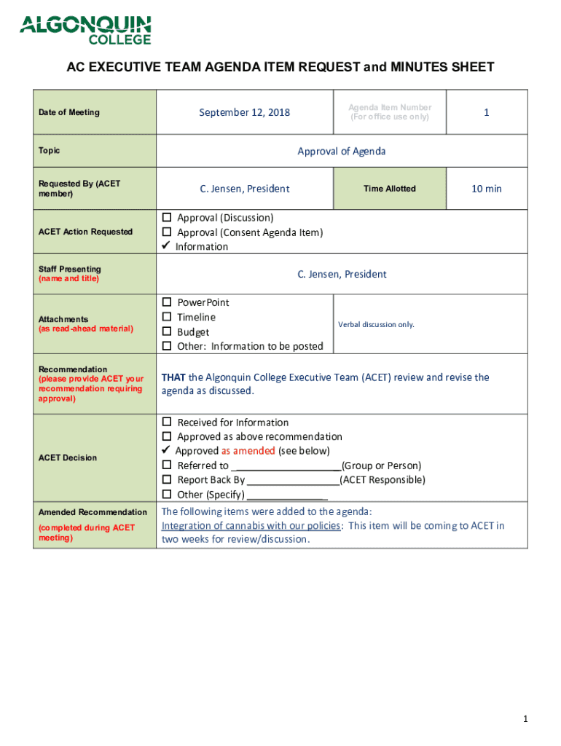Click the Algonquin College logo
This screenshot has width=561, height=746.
pyautogui.click(x=85, y=30)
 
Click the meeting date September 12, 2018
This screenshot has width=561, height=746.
pyautogui.click(x=245, y=112)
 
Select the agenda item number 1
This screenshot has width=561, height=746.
pyautogui.click(x=486, y=112)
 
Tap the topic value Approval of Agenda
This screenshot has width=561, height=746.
pyautogui.click(x=342, y=152)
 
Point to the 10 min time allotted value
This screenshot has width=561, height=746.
pyautogui.click(x=486, y=189)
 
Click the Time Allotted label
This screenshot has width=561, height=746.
pyautogui.click(x=390, y=189)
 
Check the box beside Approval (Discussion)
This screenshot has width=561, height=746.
pyautogui.click(x=167, y=218)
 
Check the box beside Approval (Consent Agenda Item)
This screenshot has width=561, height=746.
pyautogui.click(x=167, y=232)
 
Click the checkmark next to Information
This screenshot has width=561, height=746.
pyautogui.click(x=166, y=246)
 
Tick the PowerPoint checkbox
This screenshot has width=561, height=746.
pyautogui.click(x=167, y=302)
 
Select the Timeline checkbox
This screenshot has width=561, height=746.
pyautogui.click(x=167, y=317)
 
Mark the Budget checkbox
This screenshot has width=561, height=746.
pyautogui.click(x=167, y=331)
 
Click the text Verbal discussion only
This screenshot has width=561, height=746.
pyautogui.click(x=377, y=324)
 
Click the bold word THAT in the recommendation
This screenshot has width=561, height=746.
pyautogui.click(x=173, y=377)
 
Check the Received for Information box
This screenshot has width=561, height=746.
pyautogui.click(x=167, y=423)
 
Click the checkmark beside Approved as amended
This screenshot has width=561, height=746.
pyautogui.click(x=166, y=451)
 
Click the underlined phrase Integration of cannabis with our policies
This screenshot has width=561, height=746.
pyautogui.click(x=251, y=526)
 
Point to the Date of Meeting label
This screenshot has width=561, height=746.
pyautogui.click(x=69, y=112)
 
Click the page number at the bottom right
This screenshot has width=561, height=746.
pyautogui.click(x=525, y=720)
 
